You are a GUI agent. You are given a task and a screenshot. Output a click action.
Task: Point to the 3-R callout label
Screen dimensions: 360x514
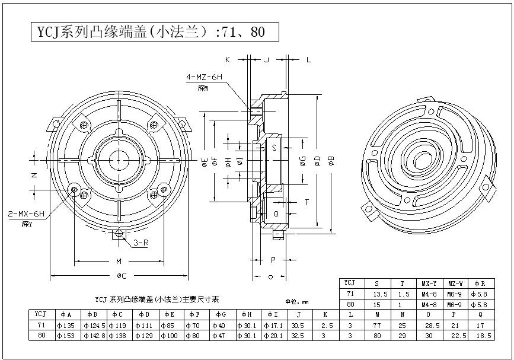140,243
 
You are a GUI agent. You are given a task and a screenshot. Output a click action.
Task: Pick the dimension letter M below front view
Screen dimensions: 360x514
119,261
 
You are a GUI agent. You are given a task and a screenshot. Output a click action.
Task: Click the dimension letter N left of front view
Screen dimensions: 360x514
34,175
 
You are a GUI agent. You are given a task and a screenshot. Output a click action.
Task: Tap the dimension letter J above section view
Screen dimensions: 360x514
267,60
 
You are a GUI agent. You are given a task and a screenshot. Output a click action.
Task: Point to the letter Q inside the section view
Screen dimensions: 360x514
276,213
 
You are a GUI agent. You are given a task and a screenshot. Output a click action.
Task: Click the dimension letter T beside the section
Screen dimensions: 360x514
307,202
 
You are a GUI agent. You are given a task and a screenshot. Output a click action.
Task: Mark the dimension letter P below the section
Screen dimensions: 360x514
273,260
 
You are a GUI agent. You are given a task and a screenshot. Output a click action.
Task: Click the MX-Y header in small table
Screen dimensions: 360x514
429,283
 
